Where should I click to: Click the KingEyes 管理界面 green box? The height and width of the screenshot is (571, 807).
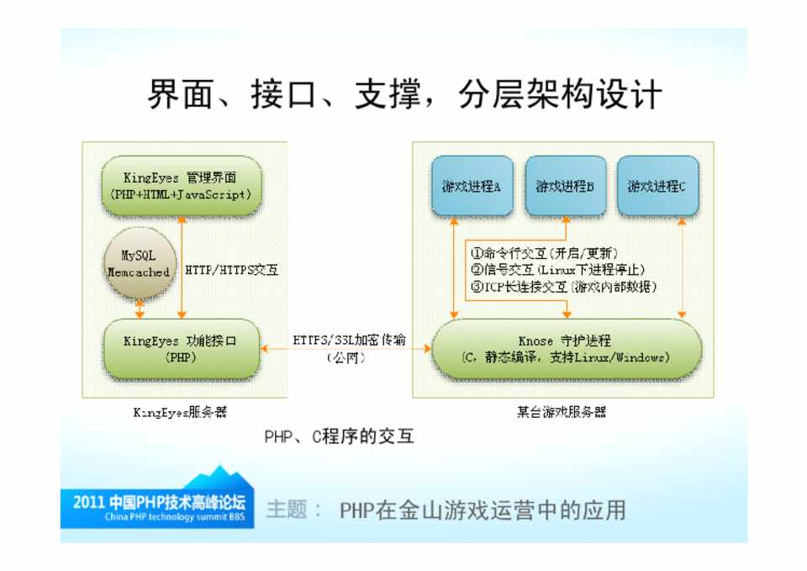[182, 186]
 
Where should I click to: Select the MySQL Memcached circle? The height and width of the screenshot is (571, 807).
[140, 263]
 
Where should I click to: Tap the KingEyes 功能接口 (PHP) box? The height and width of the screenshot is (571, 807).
[182, 349]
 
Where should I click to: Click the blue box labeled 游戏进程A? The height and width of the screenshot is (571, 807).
[472, 186]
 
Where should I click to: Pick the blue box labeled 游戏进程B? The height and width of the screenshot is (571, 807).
[565, 186]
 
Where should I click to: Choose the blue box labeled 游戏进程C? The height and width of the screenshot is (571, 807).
[657, 186]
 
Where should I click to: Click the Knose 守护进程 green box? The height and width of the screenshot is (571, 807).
[566, 350]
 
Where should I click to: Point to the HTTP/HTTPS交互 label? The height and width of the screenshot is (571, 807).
[232, 270]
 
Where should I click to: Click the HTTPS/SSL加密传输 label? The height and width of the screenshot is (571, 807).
[349, 340]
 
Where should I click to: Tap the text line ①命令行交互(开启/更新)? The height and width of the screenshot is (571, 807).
[544, 253]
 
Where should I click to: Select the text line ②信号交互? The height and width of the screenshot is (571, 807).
[557, 270]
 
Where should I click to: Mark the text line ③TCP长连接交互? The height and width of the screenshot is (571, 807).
[563, 287]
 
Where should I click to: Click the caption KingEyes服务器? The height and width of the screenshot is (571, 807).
[180, 412]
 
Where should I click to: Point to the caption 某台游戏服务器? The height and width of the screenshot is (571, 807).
[562, 412]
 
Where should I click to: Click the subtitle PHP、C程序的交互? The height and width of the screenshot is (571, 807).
[339, 436]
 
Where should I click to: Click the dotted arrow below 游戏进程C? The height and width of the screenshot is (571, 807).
[682, 267]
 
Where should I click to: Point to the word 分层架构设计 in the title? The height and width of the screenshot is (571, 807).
[560, 94]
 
